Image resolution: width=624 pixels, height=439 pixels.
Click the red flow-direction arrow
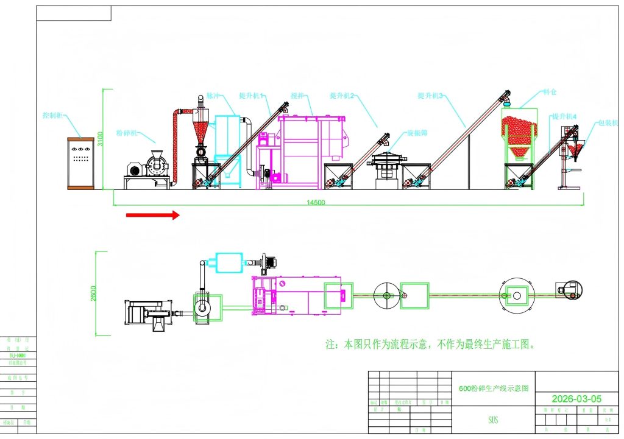(x=152, y=214)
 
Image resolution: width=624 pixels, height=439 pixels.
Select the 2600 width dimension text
(x=92, y=293)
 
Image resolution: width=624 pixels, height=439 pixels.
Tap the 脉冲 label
(x=213, y=96)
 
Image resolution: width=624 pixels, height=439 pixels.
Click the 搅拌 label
(x=297, y=96)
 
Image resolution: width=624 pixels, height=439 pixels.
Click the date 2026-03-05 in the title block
(x=576, y=399)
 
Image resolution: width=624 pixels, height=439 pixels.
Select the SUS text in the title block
(x=493, y=420)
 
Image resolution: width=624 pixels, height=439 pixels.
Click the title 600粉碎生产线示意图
(x=493, y=387)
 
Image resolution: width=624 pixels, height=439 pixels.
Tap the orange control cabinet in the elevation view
(x=80, y=163)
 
